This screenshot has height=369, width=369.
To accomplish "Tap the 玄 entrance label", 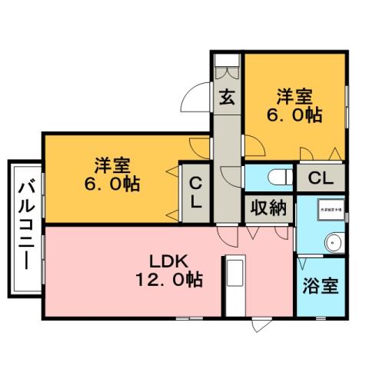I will point(227,98).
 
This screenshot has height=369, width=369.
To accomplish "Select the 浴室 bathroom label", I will point(320,286).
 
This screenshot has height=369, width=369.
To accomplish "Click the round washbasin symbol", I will point(332,241).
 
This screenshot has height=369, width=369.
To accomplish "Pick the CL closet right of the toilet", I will point(320,178).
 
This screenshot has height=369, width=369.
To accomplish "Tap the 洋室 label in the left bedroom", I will point(113,165).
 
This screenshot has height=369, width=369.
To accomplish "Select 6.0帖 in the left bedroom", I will point(113,185).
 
